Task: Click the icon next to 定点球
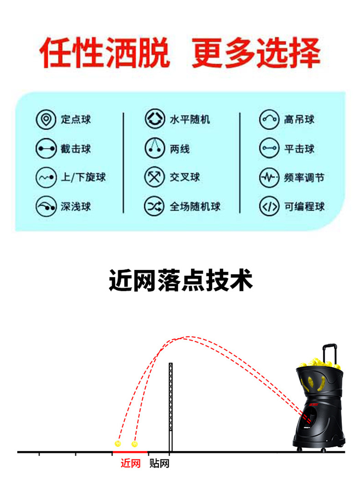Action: coord(46,119)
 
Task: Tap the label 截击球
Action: coord(76,149)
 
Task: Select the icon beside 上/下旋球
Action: coord(46,177)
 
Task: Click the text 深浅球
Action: coord(76,207)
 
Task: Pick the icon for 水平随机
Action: coord(154,119)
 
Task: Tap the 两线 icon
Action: coord(154,149)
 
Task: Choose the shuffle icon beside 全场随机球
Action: coord(154,207)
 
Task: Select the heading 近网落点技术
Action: coord(180,280)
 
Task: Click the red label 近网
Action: coord(130,464)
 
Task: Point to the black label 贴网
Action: coord(159,464)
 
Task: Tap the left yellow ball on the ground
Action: coord(118,443)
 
